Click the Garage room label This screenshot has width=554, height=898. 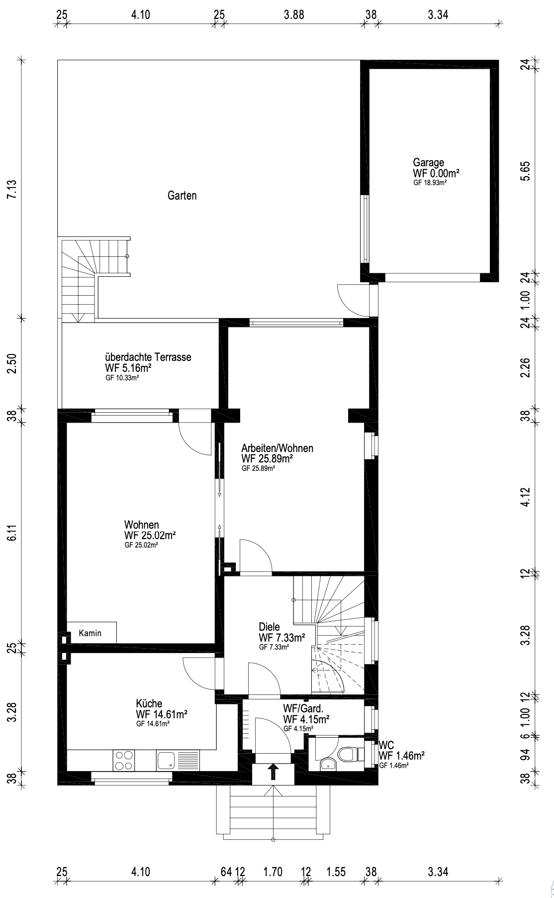coord(429,162)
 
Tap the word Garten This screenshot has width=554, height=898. coord(182,196)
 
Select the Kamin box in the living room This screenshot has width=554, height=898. coord(92,633)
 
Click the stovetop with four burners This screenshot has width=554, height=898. coord(124,760)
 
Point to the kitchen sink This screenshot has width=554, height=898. coord(166,760)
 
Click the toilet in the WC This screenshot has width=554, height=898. coord(348,754)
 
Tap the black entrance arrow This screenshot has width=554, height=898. coord(273,772)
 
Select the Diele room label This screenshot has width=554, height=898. coord(270,627)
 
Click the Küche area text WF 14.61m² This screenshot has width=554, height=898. coord(162,714)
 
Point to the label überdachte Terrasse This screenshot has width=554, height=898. coord(148,357)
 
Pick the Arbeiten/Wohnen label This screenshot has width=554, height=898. coord(277,448)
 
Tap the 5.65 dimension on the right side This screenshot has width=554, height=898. coord(526,171)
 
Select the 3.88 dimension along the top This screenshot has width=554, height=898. coord(294,14)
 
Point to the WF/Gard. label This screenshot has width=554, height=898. coord(303,708)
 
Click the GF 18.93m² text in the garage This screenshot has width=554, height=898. coord(430,183)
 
